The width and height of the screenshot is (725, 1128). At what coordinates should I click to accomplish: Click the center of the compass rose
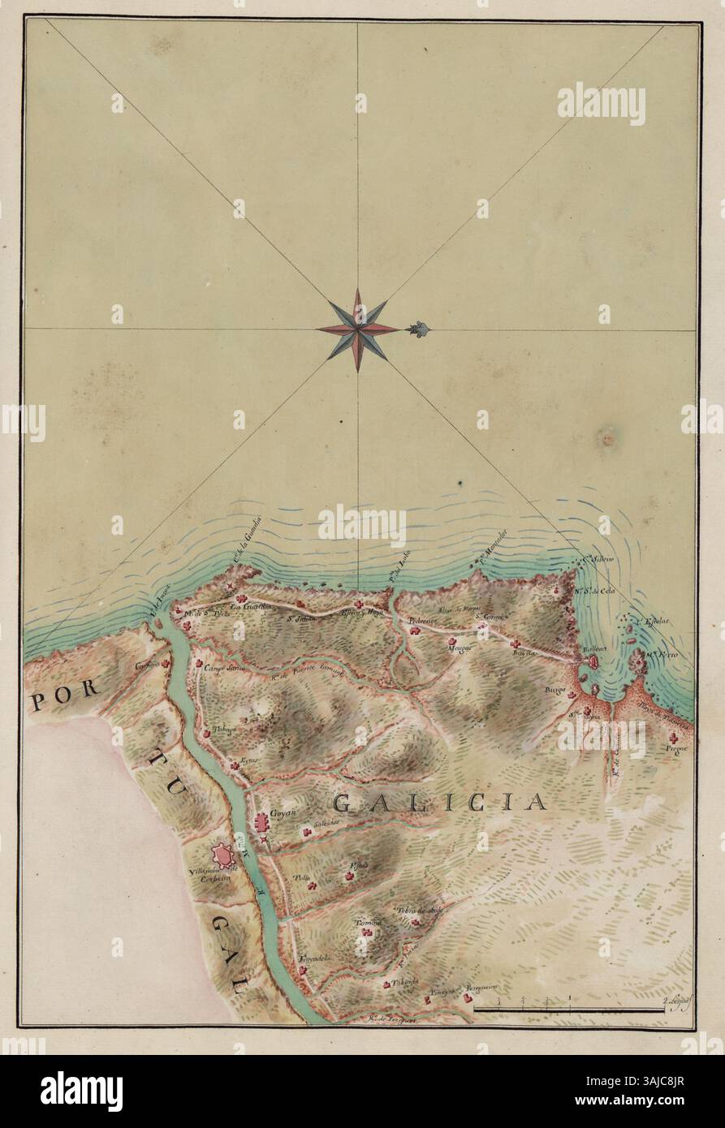click(357, 329)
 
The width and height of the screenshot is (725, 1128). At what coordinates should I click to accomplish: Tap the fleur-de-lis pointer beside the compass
click(419, 329)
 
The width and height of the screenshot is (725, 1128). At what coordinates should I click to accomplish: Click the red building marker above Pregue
click(673, 737)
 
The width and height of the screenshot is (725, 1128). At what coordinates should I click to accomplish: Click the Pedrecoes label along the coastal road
click(423, 620)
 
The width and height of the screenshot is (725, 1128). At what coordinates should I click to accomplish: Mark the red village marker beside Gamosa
click(167, 663)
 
